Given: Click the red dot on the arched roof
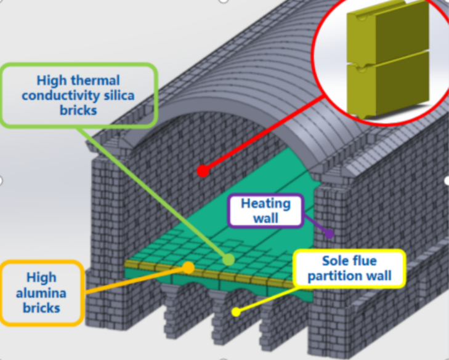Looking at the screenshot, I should pos(203,170).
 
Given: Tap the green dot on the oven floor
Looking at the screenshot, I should pos(229,260).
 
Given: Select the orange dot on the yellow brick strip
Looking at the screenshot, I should pos(188,267).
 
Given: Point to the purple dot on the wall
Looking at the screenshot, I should pos(330,233).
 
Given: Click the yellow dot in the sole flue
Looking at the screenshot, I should pos(235,312).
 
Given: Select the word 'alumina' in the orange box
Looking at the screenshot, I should pos(42,292).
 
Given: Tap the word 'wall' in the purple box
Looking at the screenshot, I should pos(265,218).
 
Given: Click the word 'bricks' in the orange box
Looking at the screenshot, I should pos(42,307).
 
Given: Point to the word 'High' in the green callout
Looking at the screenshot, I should pos(54,81).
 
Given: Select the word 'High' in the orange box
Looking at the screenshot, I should pos(42,278).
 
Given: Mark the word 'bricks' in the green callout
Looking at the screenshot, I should pos(78,110).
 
